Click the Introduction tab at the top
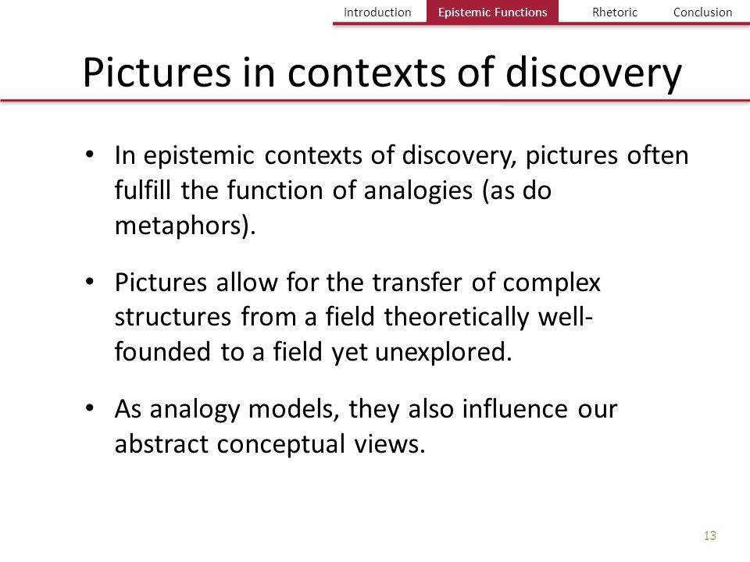pos(377,12)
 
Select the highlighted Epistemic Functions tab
pos(492,12)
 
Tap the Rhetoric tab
pos(615,12)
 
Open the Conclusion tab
pos(702,12)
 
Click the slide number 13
pos(710,535)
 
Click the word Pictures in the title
pos(157,73)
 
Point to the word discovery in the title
pos(594,74)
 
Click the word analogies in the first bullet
pos(418,190)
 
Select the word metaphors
pos(181,226)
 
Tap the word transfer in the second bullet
pos(416,282)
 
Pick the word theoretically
pos(456,318)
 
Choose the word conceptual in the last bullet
pos(281,444)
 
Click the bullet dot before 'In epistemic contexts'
pos(89,155)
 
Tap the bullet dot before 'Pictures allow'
pos(89,282)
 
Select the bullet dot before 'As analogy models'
pos(89,408)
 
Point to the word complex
pos(552,283)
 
